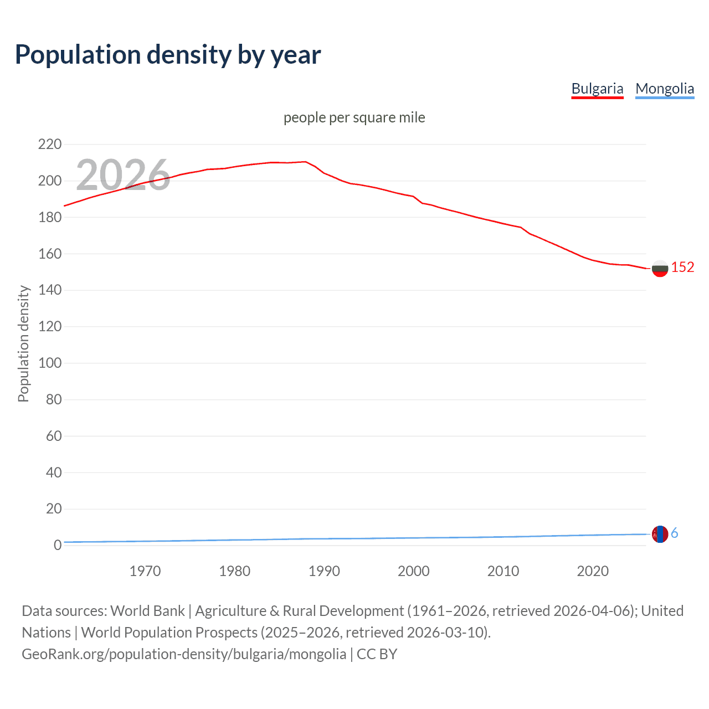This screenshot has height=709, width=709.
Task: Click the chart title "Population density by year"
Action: [x=168, y=55]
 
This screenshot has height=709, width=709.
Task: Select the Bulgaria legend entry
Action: [x=597, y=89]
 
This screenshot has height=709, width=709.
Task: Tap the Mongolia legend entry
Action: [x=664, y=89]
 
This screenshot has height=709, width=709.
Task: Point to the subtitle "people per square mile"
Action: [x=354, y=117]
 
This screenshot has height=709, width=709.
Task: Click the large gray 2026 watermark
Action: [x=123, y=174]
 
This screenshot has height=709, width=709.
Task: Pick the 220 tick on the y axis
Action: [x=50, y=145]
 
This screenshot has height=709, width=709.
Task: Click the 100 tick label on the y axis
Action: [x=50, y=363]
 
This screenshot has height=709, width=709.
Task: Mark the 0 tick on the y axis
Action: [x=57, y=546]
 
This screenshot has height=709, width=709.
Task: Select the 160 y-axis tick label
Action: [x=50, y=254]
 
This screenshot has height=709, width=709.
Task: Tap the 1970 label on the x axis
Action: [x=145, y=571]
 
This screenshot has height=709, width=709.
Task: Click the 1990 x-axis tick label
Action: [x=324, y=571]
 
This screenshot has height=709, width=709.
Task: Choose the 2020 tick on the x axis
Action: [x=593, y=571]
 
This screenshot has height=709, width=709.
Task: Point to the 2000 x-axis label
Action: [x=414, y=571]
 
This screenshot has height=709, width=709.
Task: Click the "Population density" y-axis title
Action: [x=23, y=343]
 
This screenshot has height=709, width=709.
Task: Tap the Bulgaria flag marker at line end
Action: [x=660, y=269]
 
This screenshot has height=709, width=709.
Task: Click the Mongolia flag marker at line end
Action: [x=660, y=535]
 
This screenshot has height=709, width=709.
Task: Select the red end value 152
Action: [x=682, y=268]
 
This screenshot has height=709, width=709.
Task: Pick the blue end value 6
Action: [x=674, y=533]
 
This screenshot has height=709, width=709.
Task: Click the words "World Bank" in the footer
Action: [x=147, y=611]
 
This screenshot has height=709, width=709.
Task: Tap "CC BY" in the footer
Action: [x=377, y=654]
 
